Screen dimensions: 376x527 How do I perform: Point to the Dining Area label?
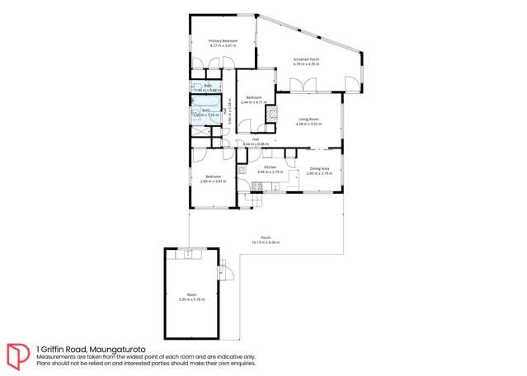[x=319, y=171]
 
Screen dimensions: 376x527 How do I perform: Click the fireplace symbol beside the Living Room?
[x=269, y=115]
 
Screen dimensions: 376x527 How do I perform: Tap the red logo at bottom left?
[x=18, y=355]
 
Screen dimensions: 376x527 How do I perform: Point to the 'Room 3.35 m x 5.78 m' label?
[x=191, y=297]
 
